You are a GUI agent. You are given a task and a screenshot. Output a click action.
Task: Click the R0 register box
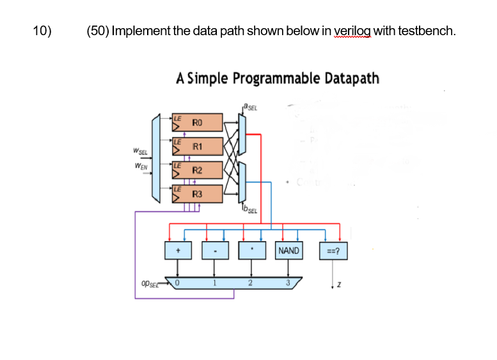pyautogui.click(x=198, y=122)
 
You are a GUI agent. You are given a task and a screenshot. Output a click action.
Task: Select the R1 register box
pyautogui.click(x=198, y=146)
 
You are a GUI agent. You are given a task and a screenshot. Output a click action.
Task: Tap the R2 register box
pyautogui.click(x=198, y=170)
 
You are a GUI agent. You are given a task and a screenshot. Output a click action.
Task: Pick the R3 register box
pyautogui.click(x=198, y=193)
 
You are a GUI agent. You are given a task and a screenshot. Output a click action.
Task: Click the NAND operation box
pyautogui.click(x=288, y=251)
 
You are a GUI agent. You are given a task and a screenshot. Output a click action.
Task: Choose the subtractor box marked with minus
pyautogui.click(x=215, y=251)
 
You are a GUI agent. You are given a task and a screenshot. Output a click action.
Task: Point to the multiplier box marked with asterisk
pyautogui.click(x=252, y=251)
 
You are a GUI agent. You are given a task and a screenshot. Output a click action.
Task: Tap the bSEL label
pyautogui.click(x=249, y=209)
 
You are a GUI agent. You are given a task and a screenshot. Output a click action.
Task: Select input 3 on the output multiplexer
pyautogui.click(x=288, y=282)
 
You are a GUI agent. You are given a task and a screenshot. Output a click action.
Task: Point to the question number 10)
pyautogui.click(x=42, y=30)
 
